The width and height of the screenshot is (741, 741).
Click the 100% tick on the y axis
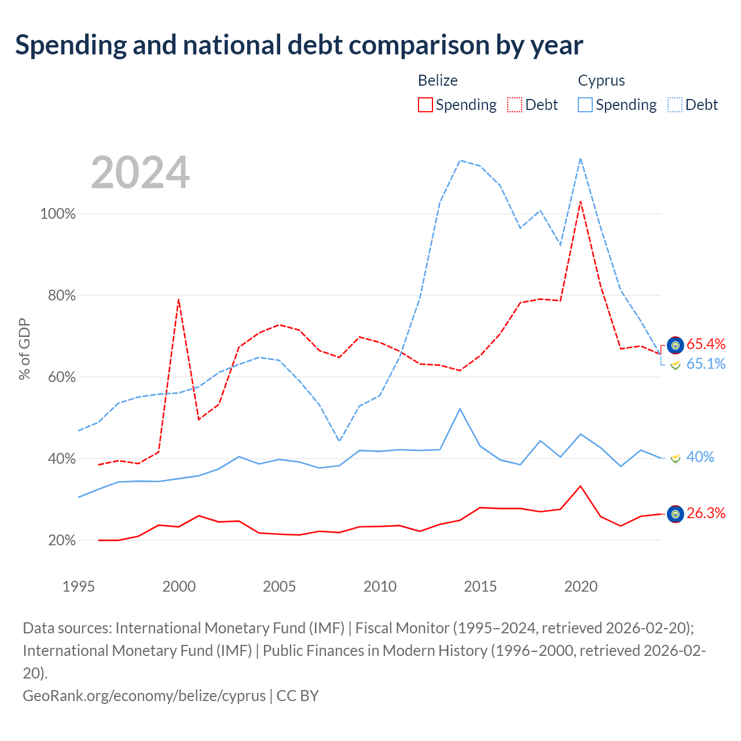pos(58,214)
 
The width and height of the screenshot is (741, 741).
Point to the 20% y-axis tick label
pos(61,540)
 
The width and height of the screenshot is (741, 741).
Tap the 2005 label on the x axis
pos(279,586)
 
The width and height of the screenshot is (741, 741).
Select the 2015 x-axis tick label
pos(480,586)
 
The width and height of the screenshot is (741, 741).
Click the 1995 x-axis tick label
pos(79,586)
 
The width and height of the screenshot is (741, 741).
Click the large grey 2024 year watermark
pos(140,172)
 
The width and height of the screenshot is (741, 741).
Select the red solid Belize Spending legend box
pos(425,105)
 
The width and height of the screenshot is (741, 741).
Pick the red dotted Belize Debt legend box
pos(515,105)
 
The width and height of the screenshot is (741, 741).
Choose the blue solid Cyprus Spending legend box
pos(585,105)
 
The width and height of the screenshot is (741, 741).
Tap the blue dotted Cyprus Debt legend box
pos(675,105)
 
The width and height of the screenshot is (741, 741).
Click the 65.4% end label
pos(706,344)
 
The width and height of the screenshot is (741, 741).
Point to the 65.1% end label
pos(706,364)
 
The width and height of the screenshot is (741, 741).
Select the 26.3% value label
pos(706,513)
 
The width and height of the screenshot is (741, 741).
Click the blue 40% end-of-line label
pos(700,457)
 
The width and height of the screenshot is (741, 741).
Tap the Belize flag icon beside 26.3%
pos(675,513)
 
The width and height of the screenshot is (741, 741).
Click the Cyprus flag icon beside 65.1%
pos(675,364)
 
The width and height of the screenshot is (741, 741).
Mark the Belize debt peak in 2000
pos(179,299)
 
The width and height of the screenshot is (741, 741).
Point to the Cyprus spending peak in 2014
pos(460,409)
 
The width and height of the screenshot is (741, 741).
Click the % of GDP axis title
pos(24,349)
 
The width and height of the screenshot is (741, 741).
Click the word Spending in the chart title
pos(71,45)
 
